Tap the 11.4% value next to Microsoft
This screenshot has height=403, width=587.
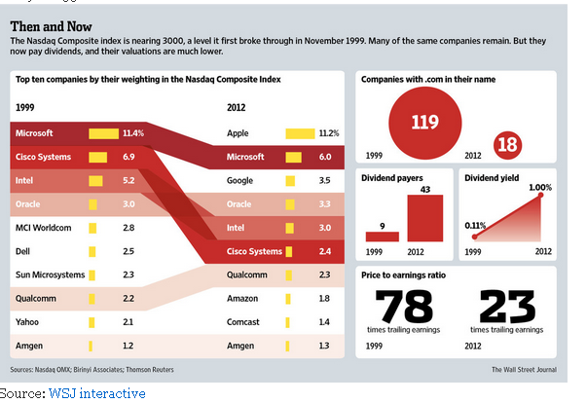132,132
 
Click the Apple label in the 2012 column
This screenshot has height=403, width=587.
238,132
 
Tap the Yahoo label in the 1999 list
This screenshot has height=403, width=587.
28,321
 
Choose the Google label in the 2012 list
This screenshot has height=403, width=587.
241,180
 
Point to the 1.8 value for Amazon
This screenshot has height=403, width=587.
324,298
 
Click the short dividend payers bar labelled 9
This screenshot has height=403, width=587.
383,235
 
